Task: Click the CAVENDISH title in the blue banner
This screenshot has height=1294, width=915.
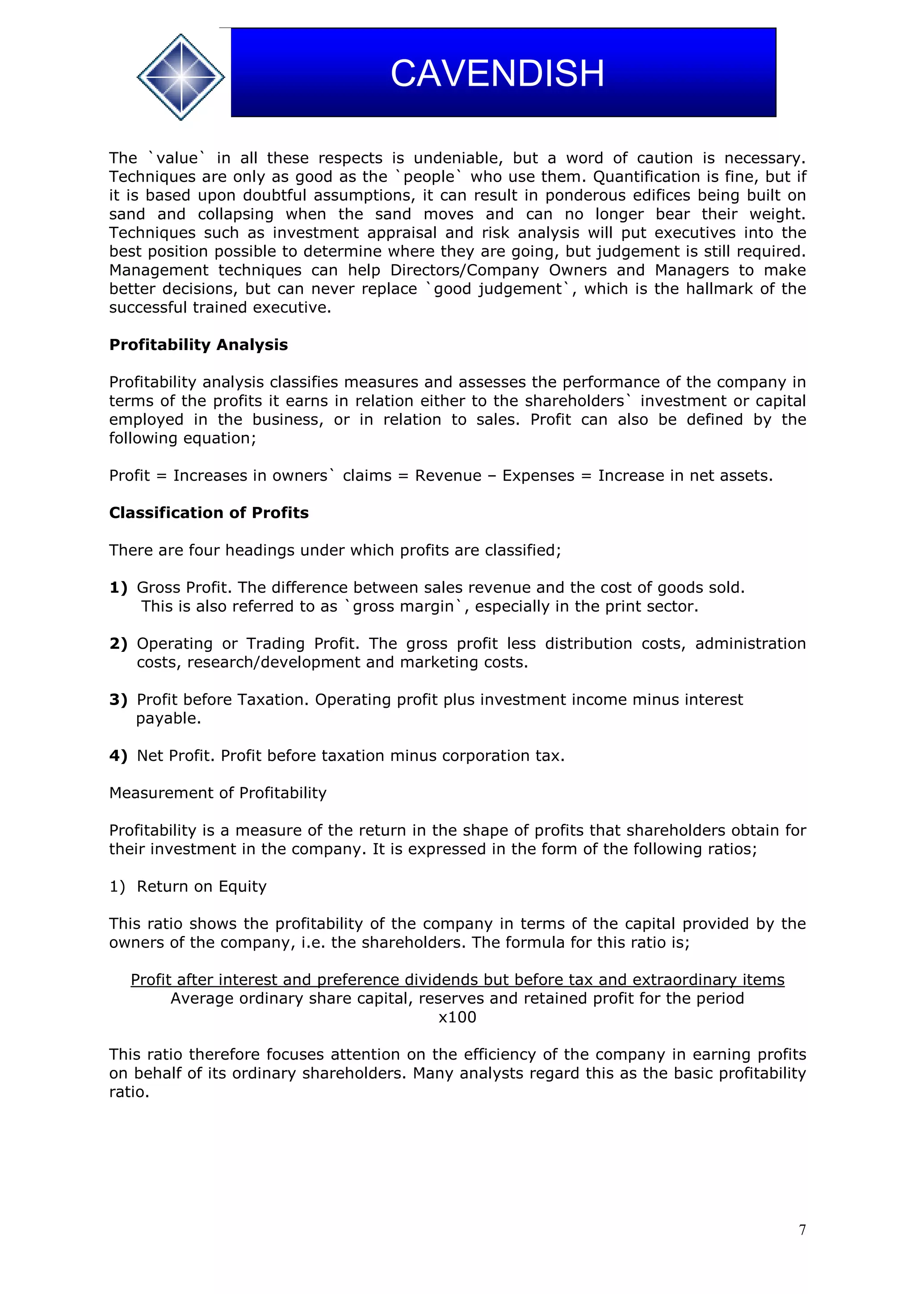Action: pyautogui.click(x=497, y=73)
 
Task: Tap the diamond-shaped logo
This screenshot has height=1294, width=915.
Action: pyautogui.click(x=180, y=77)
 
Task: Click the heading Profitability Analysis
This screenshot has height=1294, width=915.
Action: pyautogui.click(x=198, y=345)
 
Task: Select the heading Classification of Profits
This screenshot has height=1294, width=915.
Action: pyautogui.click(x=209, y=513)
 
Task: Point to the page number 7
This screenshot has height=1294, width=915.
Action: pyautogui.click(x=802, y=1230)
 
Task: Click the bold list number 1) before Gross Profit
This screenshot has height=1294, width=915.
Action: pyautogui.click(x=118, y=588)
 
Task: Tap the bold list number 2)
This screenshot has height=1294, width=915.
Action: pyautogui.click(x=118, y=643)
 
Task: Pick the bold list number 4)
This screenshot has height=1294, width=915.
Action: pyautogui.click(x=118, y=756)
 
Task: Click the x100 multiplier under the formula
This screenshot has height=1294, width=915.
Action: pyautogui.click(x=457, y=1017)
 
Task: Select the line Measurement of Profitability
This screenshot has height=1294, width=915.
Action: pyautogui.click(x=218, y=793)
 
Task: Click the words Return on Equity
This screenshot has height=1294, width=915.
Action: pyautogui.click(x=201, y=886)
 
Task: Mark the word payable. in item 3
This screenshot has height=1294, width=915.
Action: pyautogui.click(x=168, y=718)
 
